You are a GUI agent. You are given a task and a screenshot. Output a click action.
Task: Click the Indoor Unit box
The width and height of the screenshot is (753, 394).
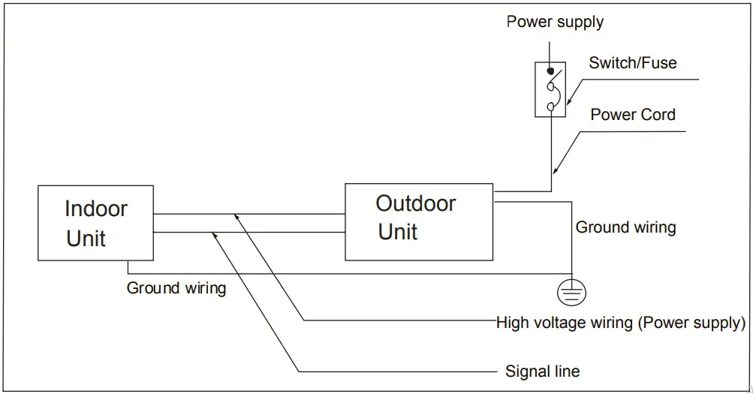pyautogui.click(x=95, y=223)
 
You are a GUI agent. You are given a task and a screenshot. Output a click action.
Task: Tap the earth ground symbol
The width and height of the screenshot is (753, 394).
pyautogui.click(x=572, y=292)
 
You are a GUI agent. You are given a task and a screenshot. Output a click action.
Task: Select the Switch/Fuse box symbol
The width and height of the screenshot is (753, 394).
pyautogui.click(x=551, y=89)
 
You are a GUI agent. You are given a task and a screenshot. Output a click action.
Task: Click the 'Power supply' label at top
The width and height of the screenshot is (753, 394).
pyautogui.click(x=555, y=21)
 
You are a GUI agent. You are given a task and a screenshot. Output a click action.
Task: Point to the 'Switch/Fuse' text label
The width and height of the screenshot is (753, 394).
pyautogui.click(x=632, y=63)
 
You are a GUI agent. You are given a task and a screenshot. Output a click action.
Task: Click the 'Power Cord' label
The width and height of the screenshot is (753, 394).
pyautogui.click(x=632, y=115)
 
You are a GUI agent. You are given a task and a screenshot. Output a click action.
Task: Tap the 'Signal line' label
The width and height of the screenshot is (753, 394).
pyautogui.click(x=542, y=371)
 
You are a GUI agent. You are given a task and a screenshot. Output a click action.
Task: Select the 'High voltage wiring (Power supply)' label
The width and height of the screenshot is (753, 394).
pyautogui.click(x=621, y=323)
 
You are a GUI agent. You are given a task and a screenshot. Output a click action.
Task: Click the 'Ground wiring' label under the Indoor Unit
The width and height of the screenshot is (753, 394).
pyautogui.click(x=176, y=288)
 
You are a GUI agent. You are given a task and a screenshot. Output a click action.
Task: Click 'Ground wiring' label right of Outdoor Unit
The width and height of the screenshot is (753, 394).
pyautogui.click(x=625, y=227)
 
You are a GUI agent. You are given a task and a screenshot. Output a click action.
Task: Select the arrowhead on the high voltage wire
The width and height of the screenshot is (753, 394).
pyautogui.click(x=237, y=217)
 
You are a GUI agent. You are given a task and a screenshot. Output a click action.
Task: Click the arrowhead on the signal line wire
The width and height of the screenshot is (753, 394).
pyautogui.click(x=216, y=236)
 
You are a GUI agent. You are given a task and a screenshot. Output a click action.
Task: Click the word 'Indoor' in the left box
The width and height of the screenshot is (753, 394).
pyautogui.click(x=96, y=208)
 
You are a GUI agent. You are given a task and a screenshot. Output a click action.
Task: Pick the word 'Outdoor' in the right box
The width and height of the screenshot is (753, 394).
pyautogui.click(x=415, y=203)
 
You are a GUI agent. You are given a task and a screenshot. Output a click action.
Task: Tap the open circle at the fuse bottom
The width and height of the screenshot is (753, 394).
pyautogui.click(x=551, y=107)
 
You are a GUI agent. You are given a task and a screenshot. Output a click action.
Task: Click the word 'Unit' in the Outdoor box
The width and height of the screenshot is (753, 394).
pyautogui.click(x=398, y=232)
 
